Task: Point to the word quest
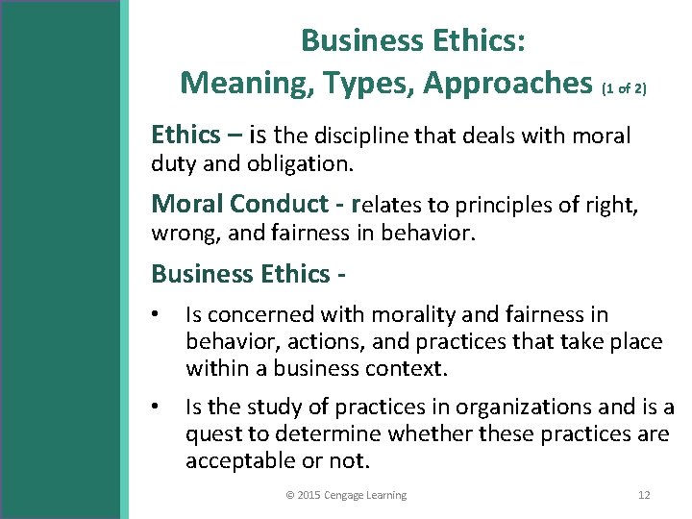click(211, 433)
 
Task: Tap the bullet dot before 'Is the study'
click(157, 408)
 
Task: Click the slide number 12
click(644, 495)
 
